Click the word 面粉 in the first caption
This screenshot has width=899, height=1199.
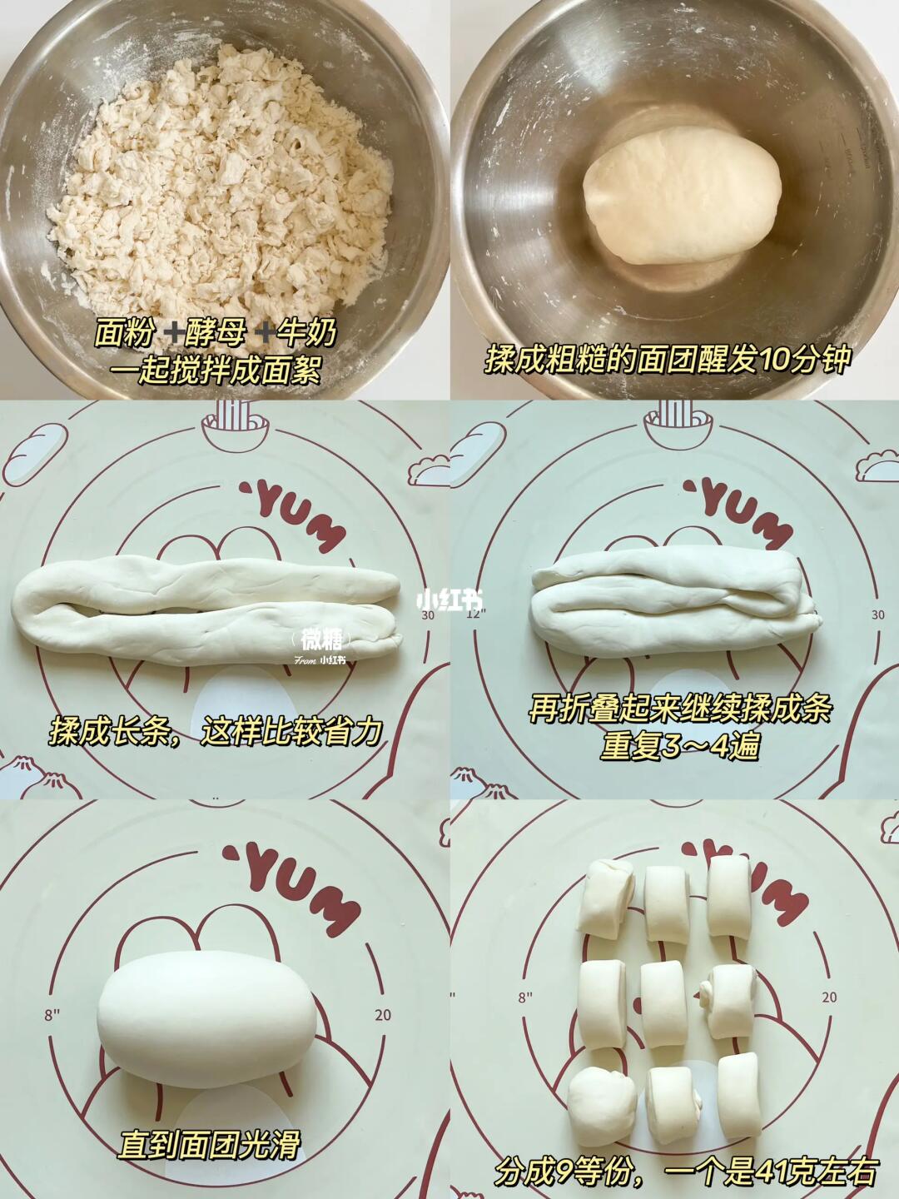[124, 332]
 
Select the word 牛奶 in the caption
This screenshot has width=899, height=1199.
[305, 332]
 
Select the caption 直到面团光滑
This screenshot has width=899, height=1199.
[210, 1129]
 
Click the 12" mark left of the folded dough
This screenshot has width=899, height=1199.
[476, 614]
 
